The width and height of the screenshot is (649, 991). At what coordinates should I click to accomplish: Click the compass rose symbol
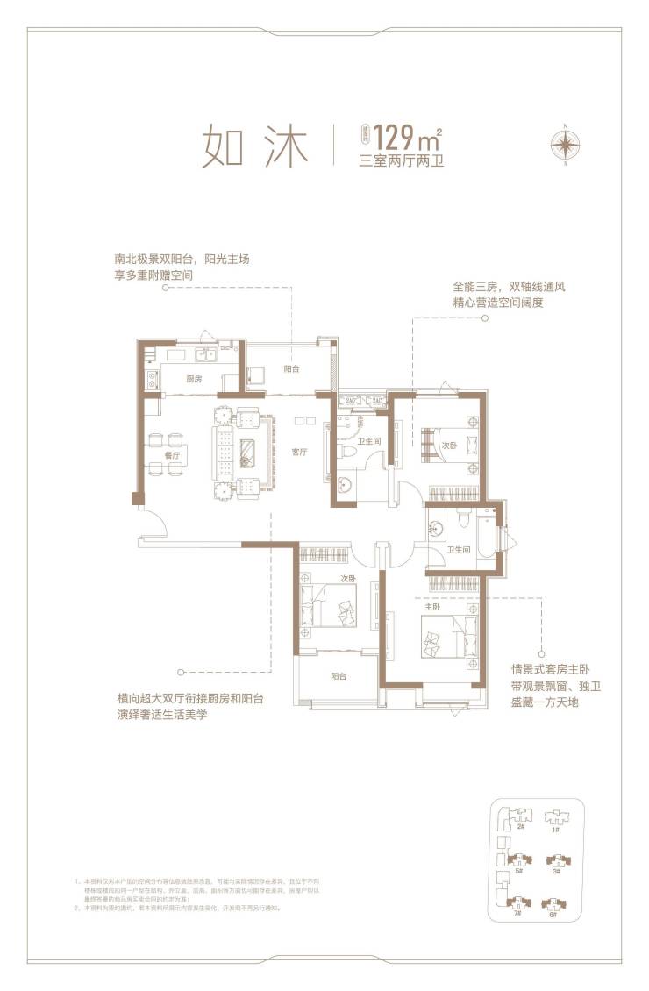click(x=566, y=144)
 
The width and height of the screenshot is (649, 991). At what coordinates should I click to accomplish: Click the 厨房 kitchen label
click(x=194, y=379)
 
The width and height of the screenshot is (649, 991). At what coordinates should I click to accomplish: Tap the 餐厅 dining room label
click(x=172, y=456)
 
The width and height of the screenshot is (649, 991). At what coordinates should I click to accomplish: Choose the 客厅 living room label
click(x=299, y=453)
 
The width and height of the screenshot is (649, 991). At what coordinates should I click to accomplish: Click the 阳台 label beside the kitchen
click(x=294, y=370)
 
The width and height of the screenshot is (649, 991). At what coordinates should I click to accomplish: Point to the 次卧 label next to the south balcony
click(x=348, y=579)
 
